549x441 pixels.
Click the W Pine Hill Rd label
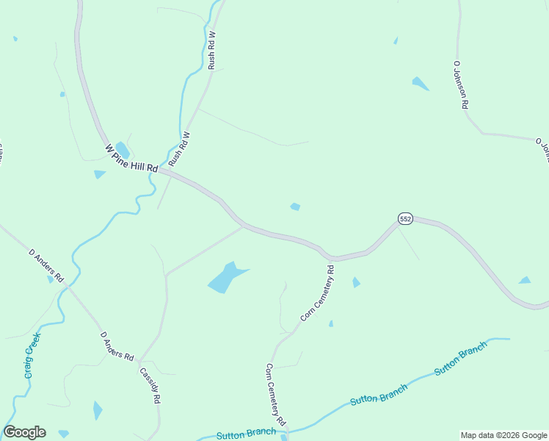(132, 158)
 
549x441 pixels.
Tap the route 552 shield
(406, 219)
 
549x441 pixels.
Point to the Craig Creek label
(32, 356)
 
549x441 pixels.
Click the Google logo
(24, 432)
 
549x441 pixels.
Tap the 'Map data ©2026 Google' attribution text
(503, 435)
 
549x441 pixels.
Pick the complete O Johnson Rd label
(460, 85)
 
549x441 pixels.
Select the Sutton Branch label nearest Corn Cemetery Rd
(247, 434)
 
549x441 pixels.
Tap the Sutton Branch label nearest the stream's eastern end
(461, 359)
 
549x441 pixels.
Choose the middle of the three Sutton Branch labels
(379, 394)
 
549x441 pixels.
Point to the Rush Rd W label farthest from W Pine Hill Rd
(212, 50)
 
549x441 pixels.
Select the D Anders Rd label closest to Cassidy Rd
(117, 347)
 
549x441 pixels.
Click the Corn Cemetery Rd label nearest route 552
(317, 293)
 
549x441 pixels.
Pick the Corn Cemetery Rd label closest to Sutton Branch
(276, 397)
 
